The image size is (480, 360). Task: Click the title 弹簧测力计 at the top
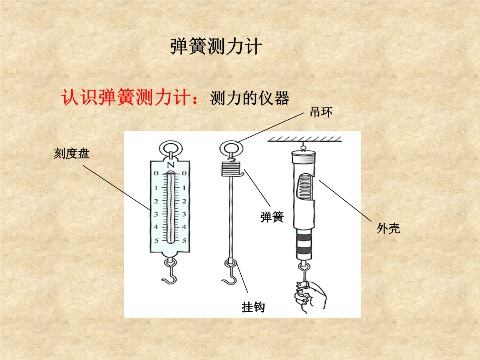(x=216, y=47)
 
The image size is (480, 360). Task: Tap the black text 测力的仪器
(x=250, y=99)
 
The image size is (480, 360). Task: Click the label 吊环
(x=321, y=112)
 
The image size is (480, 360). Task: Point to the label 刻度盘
(x=72, y=154)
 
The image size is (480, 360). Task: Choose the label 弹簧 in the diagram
(x=272, y=217)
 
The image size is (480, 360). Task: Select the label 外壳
(x=388, y=228)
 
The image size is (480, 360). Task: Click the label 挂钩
(x=253, y=307)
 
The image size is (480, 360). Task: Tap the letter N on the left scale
(x=170, y=165)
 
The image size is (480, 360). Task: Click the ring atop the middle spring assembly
(x=230, y=147)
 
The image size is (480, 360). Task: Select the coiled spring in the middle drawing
(x=230, y=169)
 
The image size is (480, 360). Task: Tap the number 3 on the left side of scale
(x=156, y=214)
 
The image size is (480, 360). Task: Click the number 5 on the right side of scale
(x=184, y=240)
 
